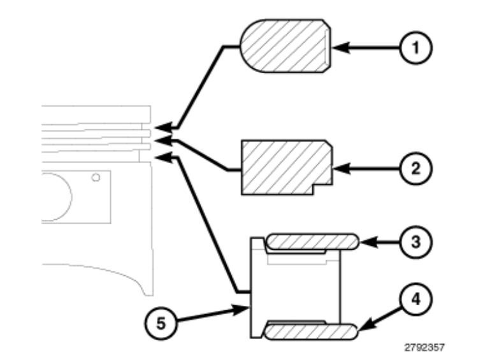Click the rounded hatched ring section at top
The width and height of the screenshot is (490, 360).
click(x=285, y=46)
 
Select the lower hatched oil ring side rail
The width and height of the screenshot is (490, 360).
click(x=311, y=331)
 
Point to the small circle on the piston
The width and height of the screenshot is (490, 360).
click(x=96, y=177)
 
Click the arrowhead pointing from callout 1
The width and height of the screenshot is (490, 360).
click(x=337, y=47)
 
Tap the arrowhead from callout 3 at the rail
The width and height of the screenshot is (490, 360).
click(x=365, y=241)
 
